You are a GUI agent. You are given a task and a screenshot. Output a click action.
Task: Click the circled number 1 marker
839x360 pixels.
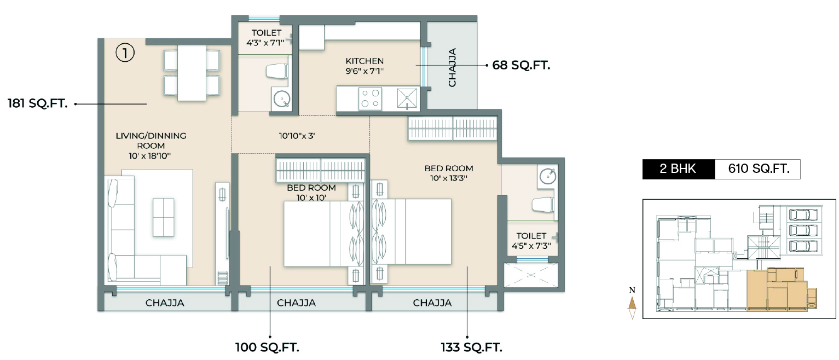125,53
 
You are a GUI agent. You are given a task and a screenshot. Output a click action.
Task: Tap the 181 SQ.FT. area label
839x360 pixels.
37,103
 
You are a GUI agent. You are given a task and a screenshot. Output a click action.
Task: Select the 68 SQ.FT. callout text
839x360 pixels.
521,65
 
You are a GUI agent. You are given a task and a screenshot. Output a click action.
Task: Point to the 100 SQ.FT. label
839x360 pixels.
267,347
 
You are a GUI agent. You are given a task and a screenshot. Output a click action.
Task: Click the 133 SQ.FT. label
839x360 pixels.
471,347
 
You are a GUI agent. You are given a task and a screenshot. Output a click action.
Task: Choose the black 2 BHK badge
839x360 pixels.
678,169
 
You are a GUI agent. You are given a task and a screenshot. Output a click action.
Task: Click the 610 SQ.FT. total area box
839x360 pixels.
758,169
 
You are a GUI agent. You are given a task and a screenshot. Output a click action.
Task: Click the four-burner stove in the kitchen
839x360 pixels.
370,98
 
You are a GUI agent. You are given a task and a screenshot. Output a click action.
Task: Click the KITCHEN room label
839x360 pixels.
364,61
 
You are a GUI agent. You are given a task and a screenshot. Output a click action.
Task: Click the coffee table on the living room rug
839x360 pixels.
164,217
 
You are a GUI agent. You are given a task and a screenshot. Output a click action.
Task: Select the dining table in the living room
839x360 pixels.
192,73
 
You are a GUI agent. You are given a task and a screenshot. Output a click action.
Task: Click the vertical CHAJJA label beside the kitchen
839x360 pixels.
452,67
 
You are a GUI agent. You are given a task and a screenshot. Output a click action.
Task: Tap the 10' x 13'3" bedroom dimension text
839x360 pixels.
448,178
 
